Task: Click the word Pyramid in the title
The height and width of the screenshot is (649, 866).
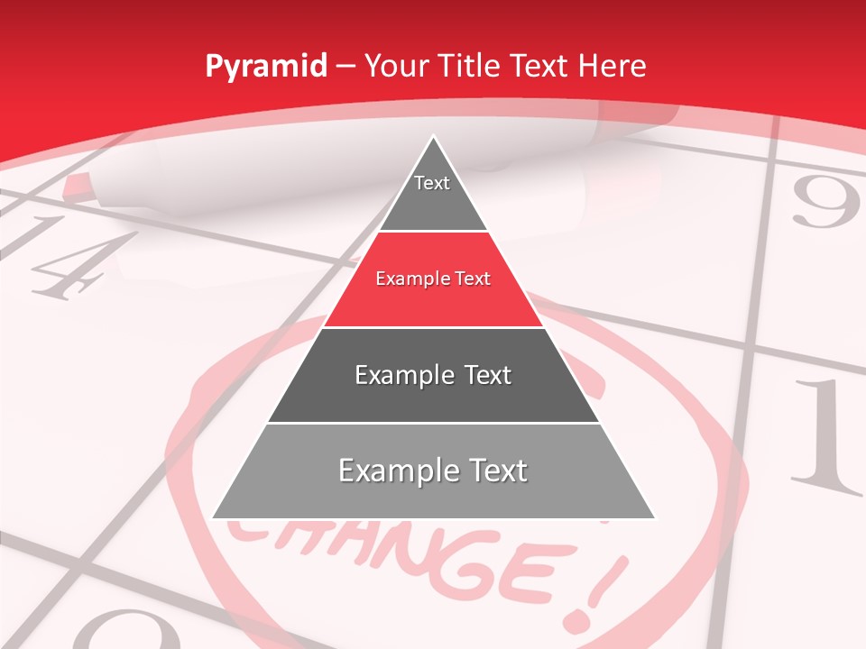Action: click(x=265, y=67)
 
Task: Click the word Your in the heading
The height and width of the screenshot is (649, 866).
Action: click(x=397, y=66)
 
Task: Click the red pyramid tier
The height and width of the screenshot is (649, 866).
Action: click(x=433, y=279)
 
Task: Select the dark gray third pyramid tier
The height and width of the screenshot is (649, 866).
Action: click(x=433, y=375)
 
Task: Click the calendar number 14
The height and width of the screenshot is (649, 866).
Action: click(x=68, y=257)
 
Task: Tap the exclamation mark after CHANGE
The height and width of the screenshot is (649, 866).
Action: click(x=591, y=590)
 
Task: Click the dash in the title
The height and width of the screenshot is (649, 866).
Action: click(x=345, y=66)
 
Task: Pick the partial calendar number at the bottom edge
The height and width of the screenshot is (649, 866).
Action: click(x=126, y=631)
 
